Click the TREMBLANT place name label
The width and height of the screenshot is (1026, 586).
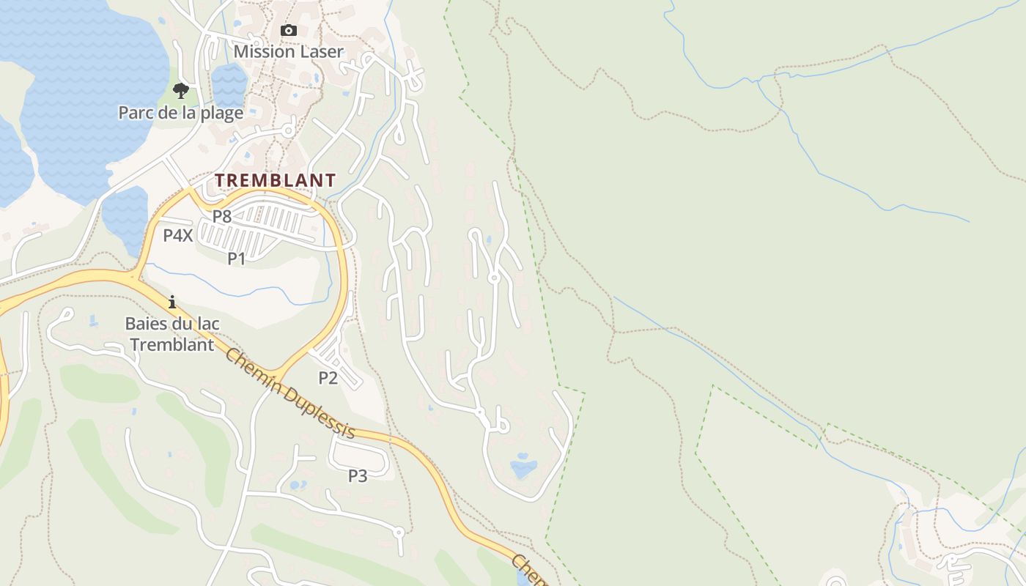point(275,180)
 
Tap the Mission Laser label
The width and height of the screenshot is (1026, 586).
point(288,51)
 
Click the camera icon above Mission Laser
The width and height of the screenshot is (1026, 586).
point(289,30)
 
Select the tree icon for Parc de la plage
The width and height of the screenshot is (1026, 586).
point(180,91)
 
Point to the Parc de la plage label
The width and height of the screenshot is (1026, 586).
point(180,113)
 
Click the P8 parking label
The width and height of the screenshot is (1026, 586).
point(222,217)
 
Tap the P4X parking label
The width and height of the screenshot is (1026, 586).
point(178,236)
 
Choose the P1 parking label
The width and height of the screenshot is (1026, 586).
point(236,258)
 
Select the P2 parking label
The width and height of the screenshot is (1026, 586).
point(328,378)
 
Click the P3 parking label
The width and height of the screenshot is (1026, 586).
point(358,476)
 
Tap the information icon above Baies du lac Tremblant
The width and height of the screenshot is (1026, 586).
point(172,302)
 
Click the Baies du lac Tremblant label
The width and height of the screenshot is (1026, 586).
point(172,334)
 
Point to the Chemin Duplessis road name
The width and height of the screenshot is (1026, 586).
point(291,394)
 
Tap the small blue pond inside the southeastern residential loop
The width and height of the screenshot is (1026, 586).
point(523,467)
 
